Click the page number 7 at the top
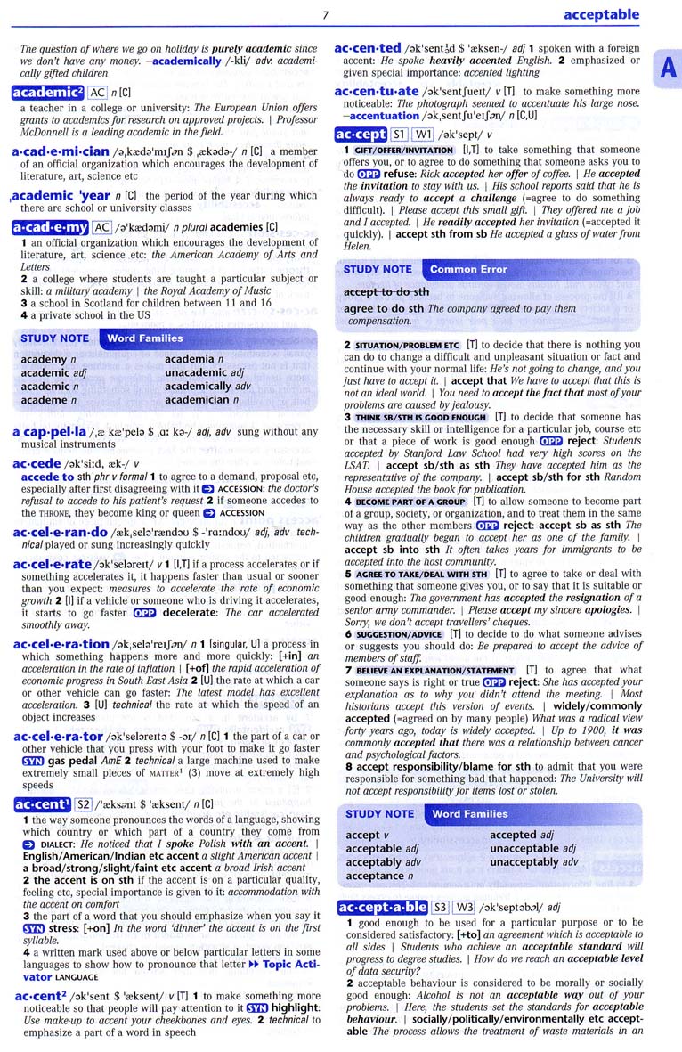[x=326, y=13]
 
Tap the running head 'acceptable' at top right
[x=601, y=14]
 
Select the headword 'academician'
[x=61, y=152]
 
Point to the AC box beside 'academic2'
[x=98, y=92]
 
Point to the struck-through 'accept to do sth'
[x=386, y=291]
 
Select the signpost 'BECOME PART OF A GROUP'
[x=410, y=502]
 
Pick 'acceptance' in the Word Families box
[x=374, y=876]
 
